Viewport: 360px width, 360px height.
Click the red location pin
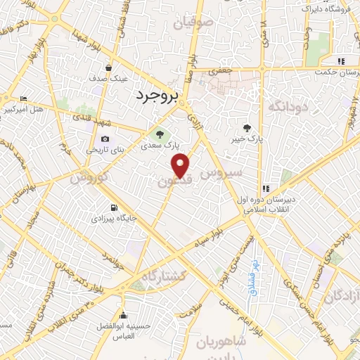181,165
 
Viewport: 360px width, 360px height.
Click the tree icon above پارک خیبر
247,127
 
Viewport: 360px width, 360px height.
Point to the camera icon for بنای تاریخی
105,139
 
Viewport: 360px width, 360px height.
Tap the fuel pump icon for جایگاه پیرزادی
112,207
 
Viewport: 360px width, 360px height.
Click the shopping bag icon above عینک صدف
109,67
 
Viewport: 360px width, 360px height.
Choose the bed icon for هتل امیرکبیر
24,98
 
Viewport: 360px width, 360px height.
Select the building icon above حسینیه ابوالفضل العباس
124,314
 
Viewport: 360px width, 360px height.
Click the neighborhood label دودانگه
285,106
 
